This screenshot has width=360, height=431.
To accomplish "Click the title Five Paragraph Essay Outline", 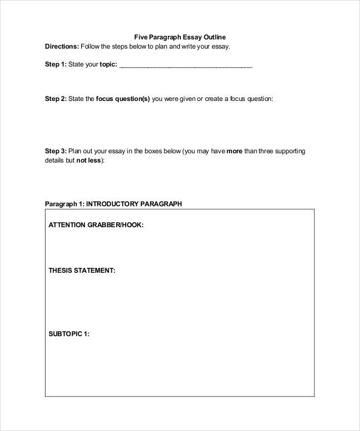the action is pos(180,37).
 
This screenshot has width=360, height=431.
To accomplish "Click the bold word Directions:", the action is pos(62,46).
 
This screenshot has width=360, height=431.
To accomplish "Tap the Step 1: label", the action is pos(55,64).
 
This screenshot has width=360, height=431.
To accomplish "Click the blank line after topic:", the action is pos(185,65).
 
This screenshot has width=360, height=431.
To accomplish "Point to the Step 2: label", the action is pos(55,99).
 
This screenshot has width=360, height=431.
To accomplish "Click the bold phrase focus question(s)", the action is pos(122,99).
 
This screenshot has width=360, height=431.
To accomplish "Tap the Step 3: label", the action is pos(55,151).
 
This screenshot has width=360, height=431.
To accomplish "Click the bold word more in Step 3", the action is pos(234,151).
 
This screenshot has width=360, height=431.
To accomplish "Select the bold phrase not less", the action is pos(90,160).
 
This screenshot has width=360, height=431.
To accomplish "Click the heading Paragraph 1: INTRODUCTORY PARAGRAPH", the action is pos(113,204).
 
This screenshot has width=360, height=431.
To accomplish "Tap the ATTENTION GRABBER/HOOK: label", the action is pos(96,225).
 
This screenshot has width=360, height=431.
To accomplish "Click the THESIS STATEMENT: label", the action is pos(82,270).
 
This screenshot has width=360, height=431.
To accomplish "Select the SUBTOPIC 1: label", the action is pos(69,334).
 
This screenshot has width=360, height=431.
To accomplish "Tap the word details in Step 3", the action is pos(55,160).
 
